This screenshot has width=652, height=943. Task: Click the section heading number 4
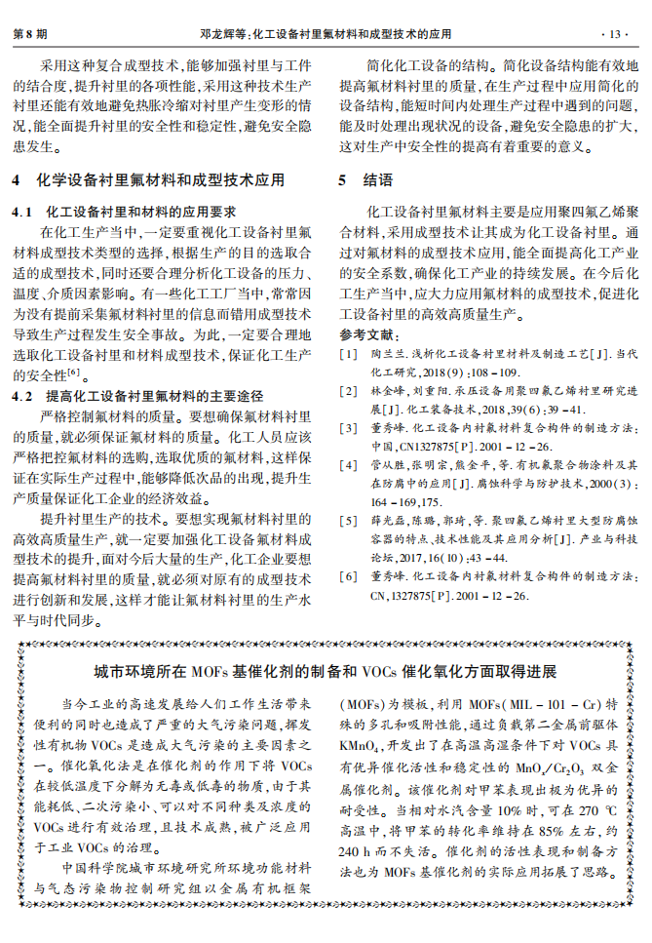click(17, 180)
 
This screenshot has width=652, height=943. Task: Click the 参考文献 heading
click(362, 334)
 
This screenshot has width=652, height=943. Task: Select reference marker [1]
click(347, 354)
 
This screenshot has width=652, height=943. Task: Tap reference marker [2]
click(347, 391)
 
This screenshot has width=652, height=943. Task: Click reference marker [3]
click(347, 427)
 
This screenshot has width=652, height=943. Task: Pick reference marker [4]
click(347, 465)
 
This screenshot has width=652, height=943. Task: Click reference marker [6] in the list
click(347, 576)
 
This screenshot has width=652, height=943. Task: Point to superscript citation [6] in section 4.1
click(73, 372)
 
